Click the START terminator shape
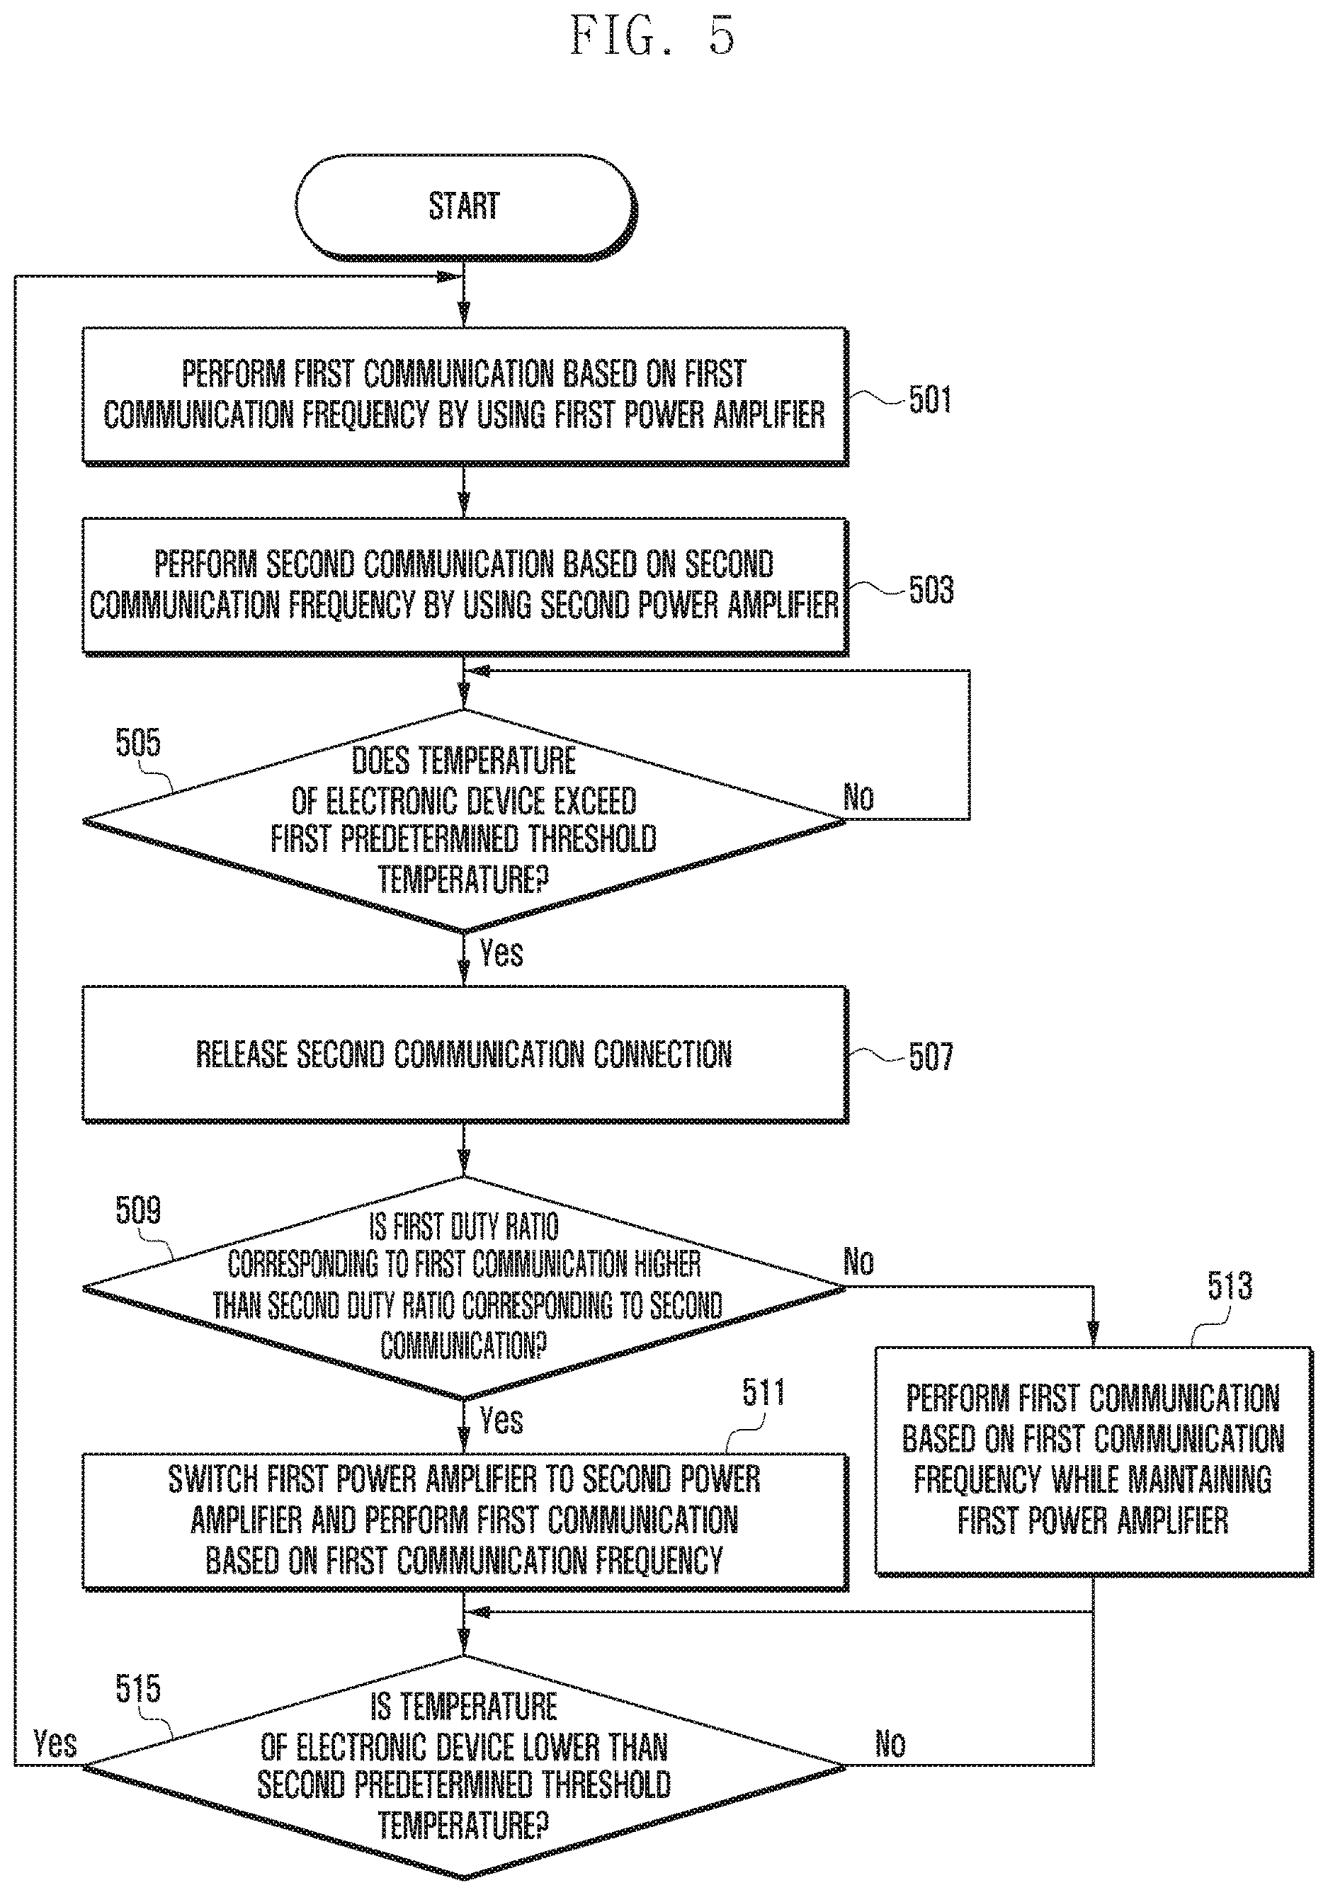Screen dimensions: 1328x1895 pos(465,206)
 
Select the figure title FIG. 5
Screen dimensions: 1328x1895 pos(652,36)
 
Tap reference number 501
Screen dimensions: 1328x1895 pos(930,400)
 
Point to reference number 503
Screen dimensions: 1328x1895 pos(931,590)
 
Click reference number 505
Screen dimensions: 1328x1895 pos(138,743)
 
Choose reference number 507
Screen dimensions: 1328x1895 pos(931,1057)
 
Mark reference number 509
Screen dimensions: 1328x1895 pos(138,1210)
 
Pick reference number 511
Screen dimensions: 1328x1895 pos(764,1392)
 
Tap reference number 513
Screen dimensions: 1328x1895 pos(1230,1285)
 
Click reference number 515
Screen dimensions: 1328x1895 pos(138,1689)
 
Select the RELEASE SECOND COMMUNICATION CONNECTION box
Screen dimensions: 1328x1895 pos(465,1054)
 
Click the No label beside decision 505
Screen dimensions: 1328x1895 pos(858,797)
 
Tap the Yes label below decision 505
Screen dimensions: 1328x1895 pos(501,952)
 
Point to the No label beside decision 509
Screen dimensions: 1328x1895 pos(858,1262)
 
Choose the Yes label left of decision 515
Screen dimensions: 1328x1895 pos(55,1744)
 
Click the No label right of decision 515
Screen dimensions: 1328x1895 pos(890,1744)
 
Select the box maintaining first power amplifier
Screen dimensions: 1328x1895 pos(1094,1461)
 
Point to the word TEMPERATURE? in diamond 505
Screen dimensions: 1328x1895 pos(463,880)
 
